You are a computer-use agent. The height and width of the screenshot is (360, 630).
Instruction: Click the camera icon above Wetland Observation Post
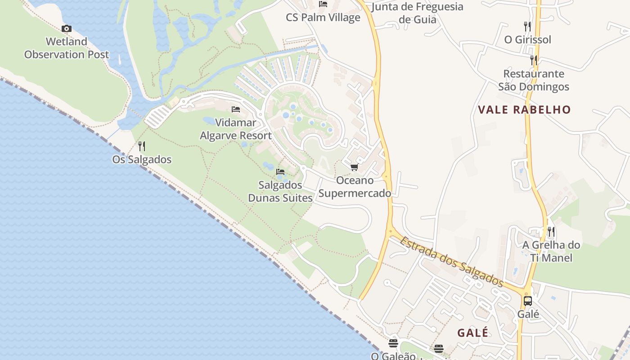(x=67, y=29)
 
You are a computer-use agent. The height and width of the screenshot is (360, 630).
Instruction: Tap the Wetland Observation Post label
(x=67, y=48)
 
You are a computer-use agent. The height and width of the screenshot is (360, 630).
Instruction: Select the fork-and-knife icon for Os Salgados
(x=141, y=146)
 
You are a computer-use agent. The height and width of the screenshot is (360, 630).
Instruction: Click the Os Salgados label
(x=142, y=159)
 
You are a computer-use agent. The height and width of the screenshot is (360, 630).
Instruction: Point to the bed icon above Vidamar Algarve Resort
(x=235, y=109)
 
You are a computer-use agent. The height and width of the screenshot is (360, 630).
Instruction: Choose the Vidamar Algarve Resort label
(x=236, y=129)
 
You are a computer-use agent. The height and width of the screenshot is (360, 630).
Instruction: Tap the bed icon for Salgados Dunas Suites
(x=280, y=172)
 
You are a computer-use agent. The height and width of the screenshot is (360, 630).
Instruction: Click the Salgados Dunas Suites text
(x=280, y=191)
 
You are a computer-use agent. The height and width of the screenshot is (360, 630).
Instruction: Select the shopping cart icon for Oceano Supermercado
(x=354, y=167)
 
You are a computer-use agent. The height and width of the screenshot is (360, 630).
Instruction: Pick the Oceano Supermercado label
(x=355, y=187)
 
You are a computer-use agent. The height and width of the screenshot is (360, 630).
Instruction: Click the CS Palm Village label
(x=323, y=18)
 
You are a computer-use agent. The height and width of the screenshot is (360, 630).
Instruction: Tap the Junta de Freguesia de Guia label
(x=418, y=13)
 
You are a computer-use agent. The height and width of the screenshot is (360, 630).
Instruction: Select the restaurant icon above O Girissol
(x=527, y=26)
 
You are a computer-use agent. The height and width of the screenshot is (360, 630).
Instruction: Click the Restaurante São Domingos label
(x=534, y=80)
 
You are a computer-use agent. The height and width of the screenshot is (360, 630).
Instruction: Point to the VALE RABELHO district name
(x=524, y=110)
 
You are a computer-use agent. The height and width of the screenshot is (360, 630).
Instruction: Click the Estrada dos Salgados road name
(x=451, y=261)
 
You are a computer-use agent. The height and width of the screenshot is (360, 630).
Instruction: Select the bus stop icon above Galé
(x=528, y=301)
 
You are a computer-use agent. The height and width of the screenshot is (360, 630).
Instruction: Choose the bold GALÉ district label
(x=473, y=333)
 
